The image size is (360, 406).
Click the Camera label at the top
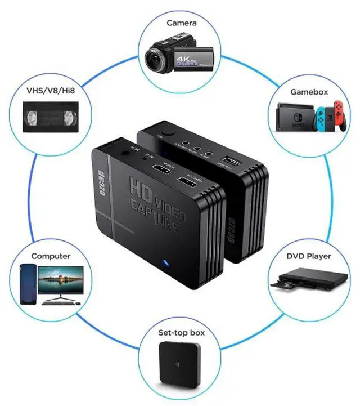click(x=181, y=23)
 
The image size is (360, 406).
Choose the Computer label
click(x=51, y=256)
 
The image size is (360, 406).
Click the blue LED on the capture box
click(x=165, y=262)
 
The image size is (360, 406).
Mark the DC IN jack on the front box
click(x=123, y=152)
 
